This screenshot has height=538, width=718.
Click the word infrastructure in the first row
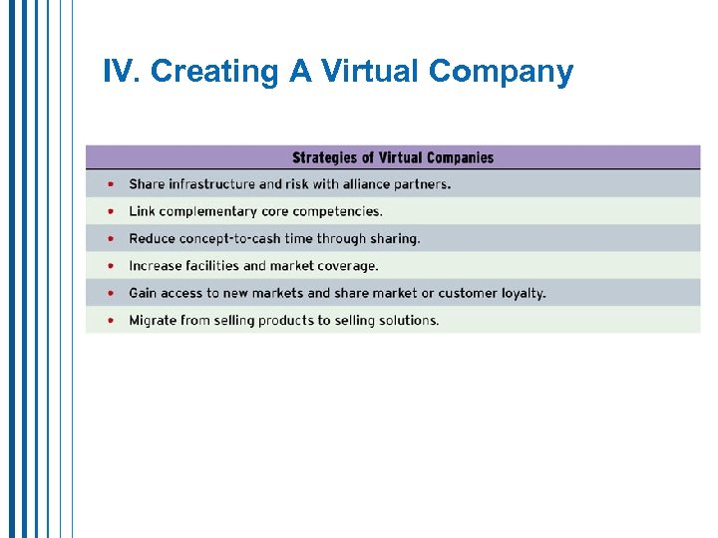tap(212, 184)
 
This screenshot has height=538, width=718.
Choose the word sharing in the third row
tap(396, 238)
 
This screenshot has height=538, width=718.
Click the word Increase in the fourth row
tap(155, 266)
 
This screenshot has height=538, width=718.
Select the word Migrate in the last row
tap(153, 320)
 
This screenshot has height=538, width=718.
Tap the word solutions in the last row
tap(408, 320)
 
